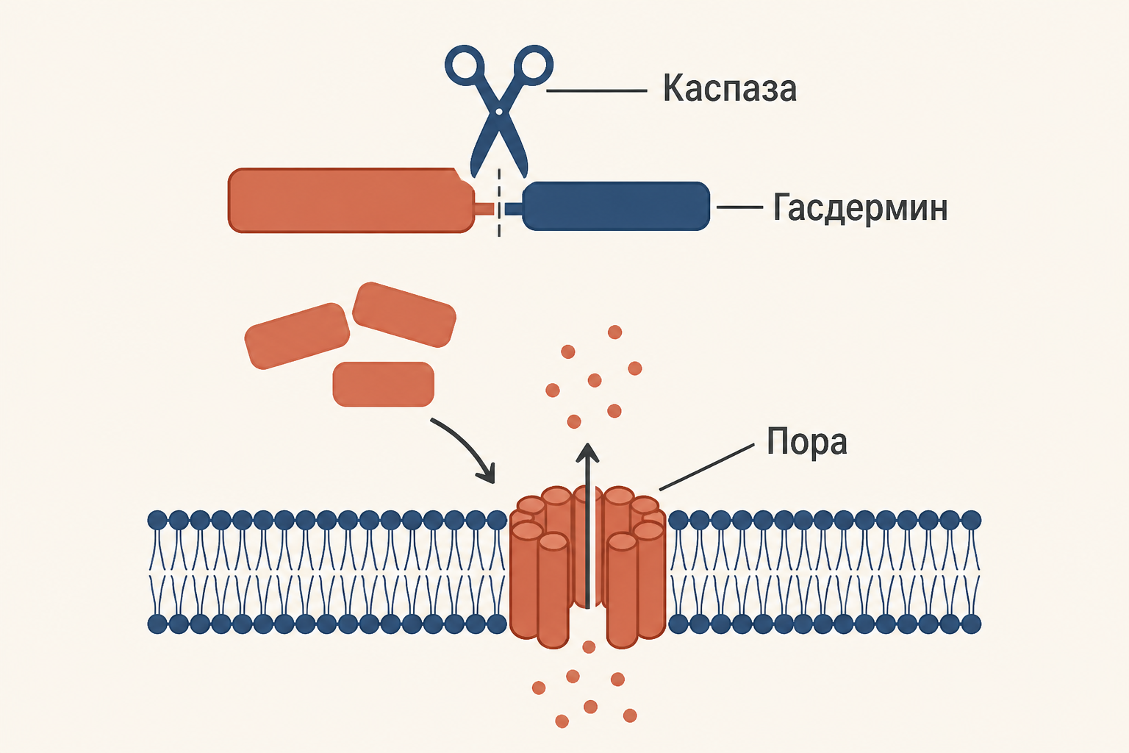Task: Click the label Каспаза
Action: coord(729,89)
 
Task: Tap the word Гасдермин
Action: coord(860,208)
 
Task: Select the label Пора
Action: coord(806,443)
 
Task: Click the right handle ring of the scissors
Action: coord(533,66)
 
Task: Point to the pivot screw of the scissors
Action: coord(499,111)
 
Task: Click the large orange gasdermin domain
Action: coord(351,200)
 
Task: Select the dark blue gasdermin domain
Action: coord(616,207)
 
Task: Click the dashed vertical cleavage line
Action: coord(499,203)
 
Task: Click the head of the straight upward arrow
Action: coord(588,452)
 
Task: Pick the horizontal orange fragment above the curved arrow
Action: coord(384,385)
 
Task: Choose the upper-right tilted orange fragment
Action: coord(404,315)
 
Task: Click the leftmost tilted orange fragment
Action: coord(297,336)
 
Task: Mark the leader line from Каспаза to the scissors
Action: coord(597,90)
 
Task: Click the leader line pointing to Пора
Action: coord(706,467)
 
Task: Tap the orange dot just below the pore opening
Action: coord(589,646)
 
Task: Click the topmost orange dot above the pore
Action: coord(615,332)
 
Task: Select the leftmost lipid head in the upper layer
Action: coord(157,519)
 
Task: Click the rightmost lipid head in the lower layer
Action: coord(972,624)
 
